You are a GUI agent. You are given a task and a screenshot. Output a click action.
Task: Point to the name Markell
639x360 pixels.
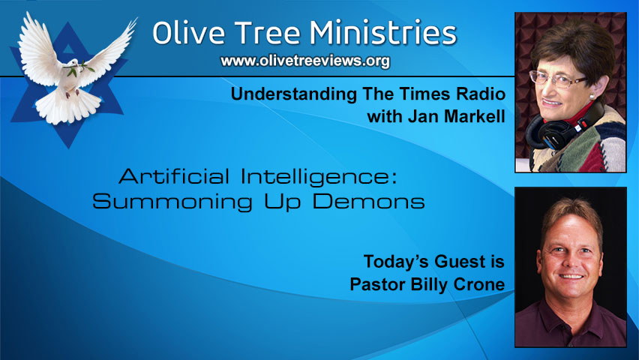coord(472,117)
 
